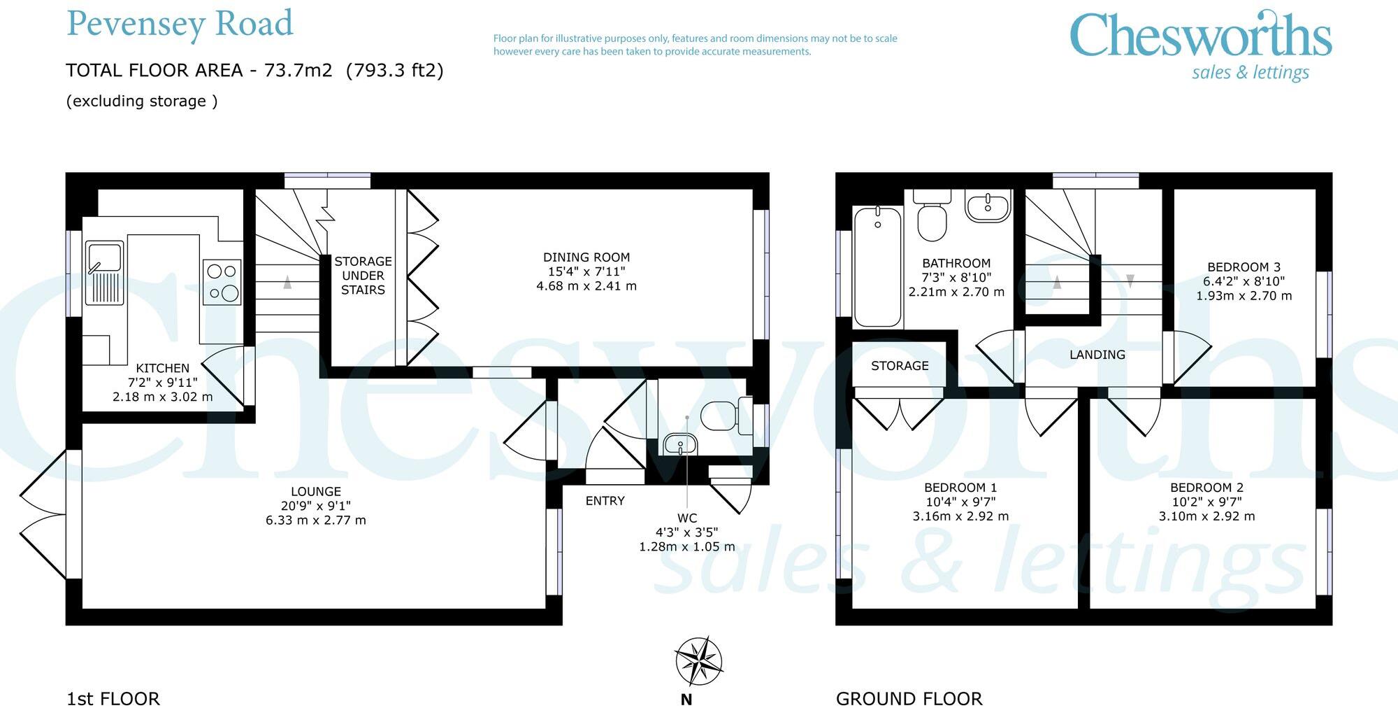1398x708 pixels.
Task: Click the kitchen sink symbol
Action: click(x=104, y=273)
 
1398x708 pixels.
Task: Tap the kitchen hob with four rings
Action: click(x=222, y=282)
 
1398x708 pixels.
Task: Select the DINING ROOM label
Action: click(x=586, y=257)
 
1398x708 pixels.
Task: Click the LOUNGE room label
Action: click(x=315, y=492)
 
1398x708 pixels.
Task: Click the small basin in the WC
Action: click(x=679, y=444)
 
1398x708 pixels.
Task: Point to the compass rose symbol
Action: click(x=698, y=661)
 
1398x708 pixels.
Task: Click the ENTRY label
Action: click(x=605, y=501)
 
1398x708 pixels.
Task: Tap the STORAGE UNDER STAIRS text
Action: click(x=363, y=276)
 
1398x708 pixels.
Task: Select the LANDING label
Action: click(x=1097, y=355)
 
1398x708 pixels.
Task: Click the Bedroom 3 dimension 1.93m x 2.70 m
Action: click(x=1244, y=296)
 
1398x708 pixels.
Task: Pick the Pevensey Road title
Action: click(x=180, y=24)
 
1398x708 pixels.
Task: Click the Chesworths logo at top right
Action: click(x=1200, y=43)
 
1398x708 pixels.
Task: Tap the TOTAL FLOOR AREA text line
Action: click(x=254, y=71)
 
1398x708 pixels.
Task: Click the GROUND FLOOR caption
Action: click(x=909, y=698)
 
